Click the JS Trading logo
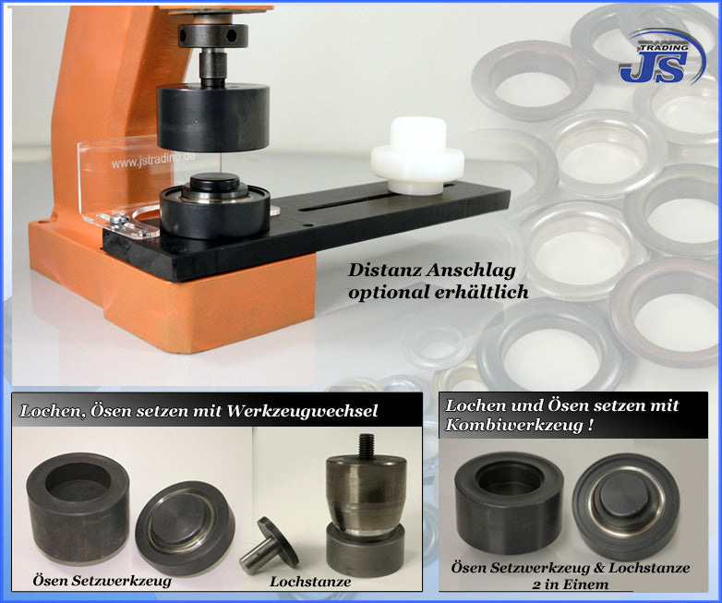coord(662,57)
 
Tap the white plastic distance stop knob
coord(417,156)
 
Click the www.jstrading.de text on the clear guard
coord(153,161)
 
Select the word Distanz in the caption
coord(384,271)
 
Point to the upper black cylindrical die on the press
coord(213,117)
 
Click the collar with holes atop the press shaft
coord(213,35)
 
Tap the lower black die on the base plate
coord(215,205)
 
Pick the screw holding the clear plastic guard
coord(119,219)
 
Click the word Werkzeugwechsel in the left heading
coord(303,411)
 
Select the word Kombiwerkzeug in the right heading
coord(514,425)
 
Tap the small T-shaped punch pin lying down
coord(269,546)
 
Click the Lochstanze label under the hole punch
coord(310,582)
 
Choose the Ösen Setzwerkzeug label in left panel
coord(102,581)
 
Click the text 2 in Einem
coord(570,585)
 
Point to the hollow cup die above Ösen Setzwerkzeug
coord(78,508)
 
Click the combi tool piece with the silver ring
coord(627,507)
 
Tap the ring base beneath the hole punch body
coord(366,549)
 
